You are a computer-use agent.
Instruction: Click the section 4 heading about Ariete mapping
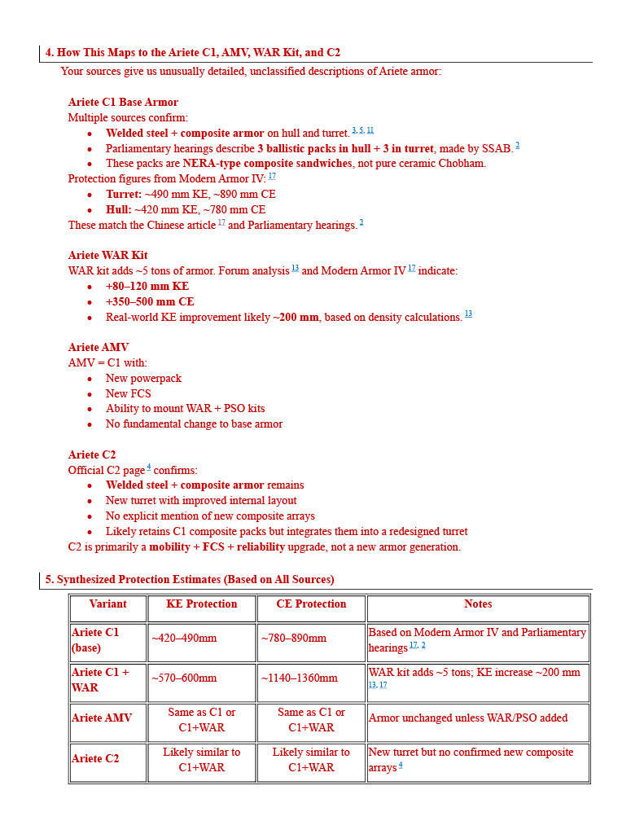[x=192, y=53]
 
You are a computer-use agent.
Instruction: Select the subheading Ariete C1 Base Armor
[x=123, y=103]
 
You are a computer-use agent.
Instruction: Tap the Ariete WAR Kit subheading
[x=107, y=256]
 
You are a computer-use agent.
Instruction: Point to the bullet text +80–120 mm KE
[x=147, y=287]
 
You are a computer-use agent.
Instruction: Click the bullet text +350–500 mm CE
[x=150, y=301]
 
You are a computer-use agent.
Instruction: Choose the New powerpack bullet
[x=143, y=379]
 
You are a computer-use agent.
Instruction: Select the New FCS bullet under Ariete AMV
[x=129, y=394]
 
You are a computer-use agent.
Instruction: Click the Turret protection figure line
[x=191, y=195]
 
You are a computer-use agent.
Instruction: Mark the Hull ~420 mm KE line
[x=185, y=210]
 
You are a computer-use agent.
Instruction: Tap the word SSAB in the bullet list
[x=500, y=148]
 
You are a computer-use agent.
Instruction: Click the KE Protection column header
[x=201, y=604]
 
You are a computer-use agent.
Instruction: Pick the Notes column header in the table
[x=478, y=604]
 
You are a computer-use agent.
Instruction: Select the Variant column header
[x=107, y=604]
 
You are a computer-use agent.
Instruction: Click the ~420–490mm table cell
[x=184, y=639]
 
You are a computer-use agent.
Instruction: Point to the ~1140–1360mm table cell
[x=299, y=678]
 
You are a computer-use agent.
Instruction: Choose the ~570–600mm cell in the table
[x=184, y=678]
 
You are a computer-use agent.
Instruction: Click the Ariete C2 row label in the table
[x=94, y=759]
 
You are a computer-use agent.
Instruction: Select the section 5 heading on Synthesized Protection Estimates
[x=189, y=580]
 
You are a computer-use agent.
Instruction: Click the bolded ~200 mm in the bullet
[x=296, y=317]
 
